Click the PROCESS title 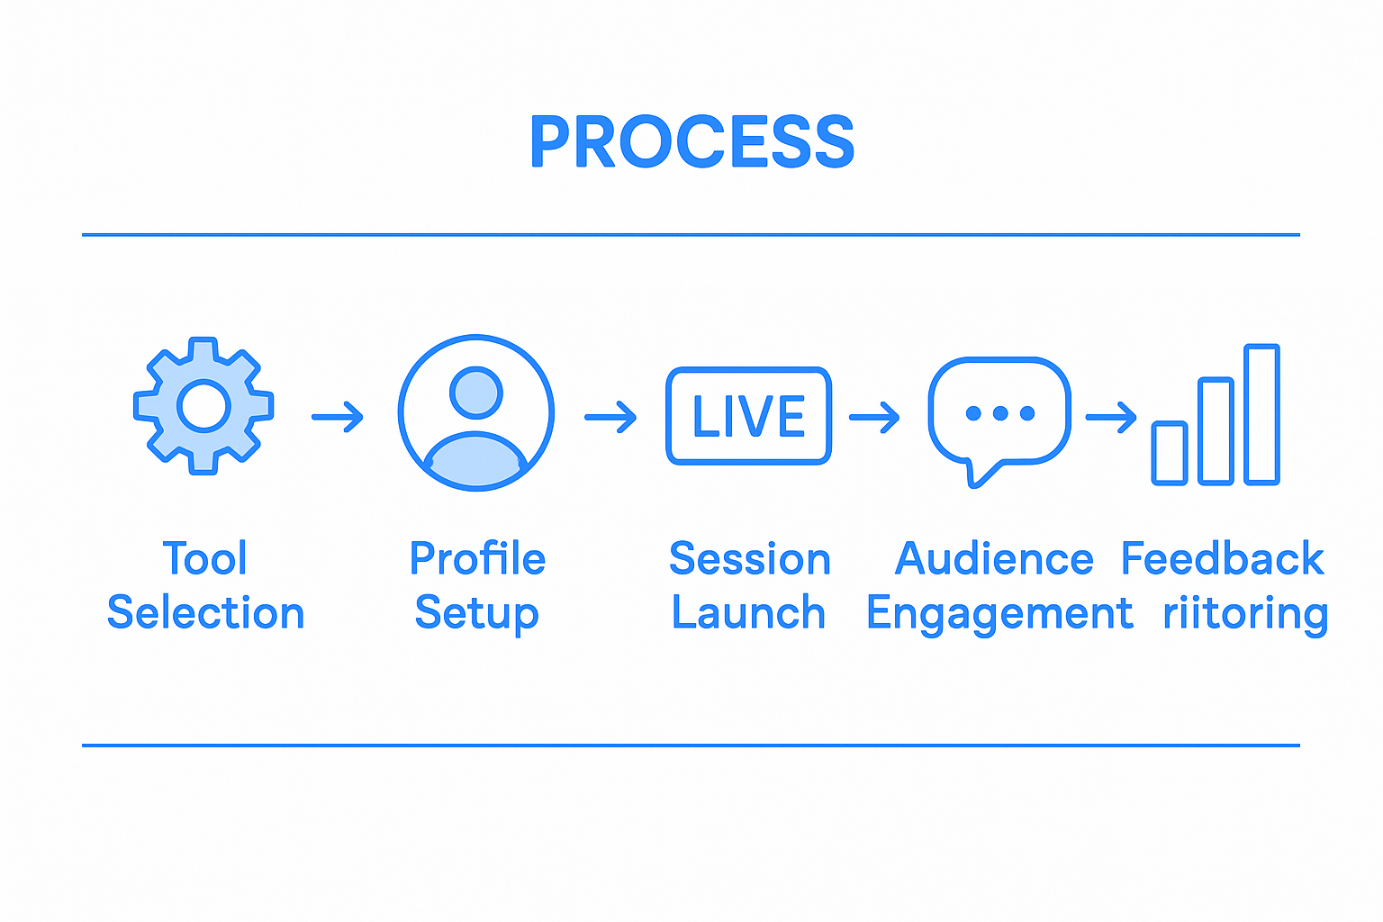coord(691,142)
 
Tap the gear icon coord(203,405)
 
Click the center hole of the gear coord(204,405)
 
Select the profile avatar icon coord(476,413)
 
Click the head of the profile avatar coord(476,392)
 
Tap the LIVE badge coord(748,416)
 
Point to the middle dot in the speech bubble coord(999,414)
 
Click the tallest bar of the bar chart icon coord(1261,414)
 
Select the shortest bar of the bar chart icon coord(1170,453)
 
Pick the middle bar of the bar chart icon coord(1216,431)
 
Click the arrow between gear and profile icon coord(338,417)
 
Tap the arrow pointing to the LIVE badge coord(610,417)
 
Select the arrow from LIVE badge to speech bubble coord(874,417)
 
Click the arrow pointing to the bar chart coord(1111,417)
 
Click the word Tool coord(204,559)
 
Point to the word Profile coord(477,559)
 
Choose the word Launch coord(748,613)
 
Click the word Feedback coord(1222,559)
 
